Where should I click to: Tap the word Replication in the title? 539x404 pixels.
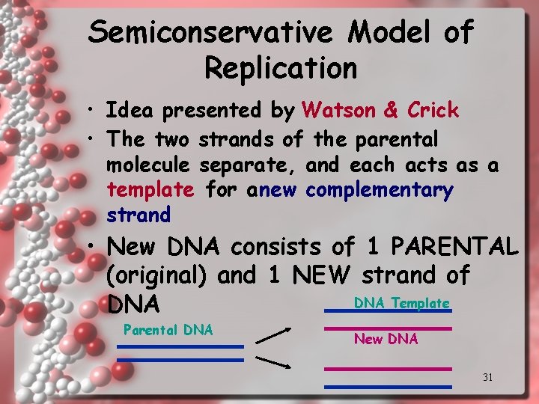[x=281, y=67]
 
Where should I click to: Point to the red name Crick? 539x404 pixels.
[x=433, y=111]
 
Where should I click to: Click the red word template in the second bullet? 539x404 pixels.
[x=150, y=190]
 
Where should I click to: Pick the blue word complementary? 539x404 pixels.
[x=380, y=190]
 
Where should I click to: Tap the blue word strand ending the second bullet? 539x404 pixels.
[x=138, y=215]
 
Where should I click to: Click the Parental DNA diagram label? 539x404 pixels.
[x=168, y=330]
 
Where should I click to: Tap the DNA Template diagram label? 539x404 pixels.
[x=401, y=303]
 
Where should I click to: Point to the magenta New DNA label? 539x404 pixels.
[x=386, y=339]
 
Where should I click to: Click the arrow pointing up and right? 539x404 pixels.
[x=273, y=335]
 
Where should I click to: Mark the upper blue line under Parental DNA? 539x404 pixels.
[x=180, y=346]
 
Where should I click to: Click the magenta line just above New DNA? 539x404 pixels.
[x=387, y=328]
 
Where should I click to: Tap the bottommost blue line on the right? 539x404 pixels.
[x=387, y=386]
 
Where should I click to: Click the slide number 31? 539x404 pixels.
[x=487, y=377]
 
